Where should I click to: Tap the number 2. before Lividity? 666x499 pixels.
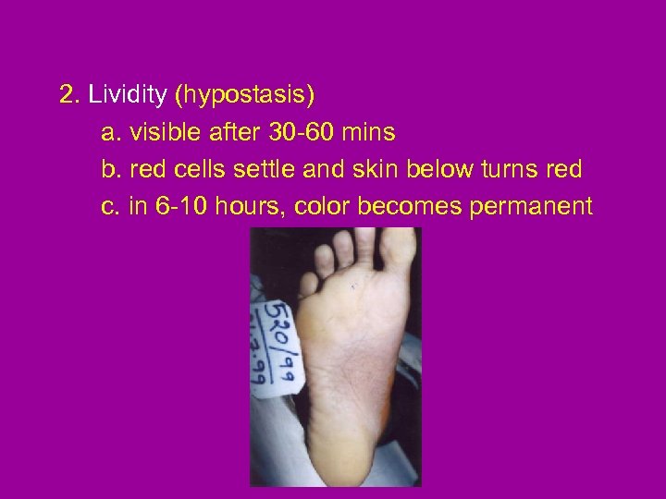(69, 95)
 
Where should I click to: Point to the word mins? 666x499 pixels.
(368, 133)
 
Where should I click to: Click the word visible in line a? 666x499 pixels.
(160, 133)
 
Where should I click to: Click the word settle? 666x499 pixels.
(262, 170)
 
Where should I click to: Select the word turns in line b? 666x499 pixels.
(506, 170)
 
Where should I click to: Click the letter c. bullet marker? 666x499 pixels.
(109, 206)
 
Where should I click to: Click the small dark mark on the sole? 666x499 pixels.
(352, 287)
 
